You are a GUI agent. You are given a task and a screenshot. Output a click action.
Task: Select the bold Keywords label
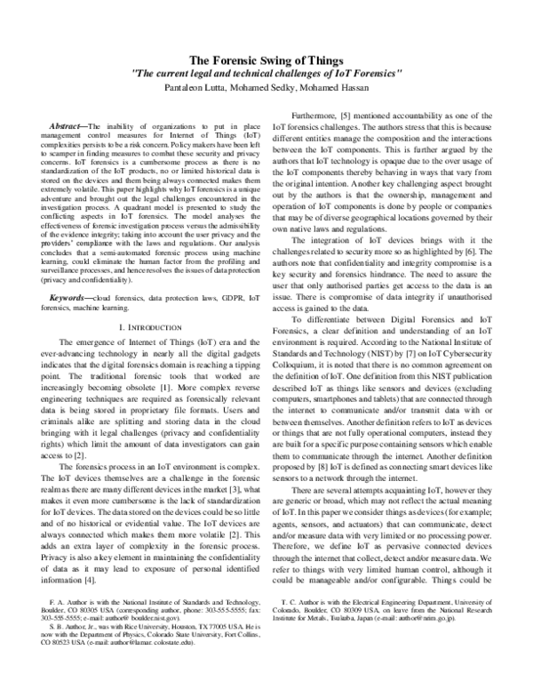[71, 295]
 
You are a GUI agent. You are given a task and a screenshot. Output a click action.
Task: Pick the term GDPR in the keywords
[212, 295]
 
